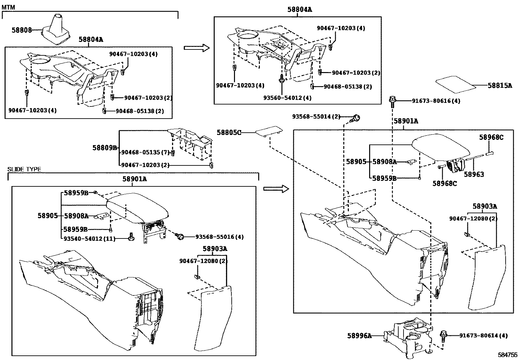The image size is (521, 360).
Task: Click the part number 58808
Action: (22, 30)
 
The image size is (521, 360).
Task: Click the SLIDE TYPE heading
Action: (24, 169)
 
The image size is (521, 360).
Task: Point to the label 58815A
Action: (499, 85)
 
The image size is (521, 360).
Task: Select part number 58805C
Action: (229, 132)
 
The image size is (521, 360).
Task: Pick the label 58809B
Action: (104, 148)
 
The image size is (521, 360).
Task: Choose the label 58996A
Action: (359, 335)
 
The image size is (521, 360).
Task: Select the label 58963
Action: (474, 175)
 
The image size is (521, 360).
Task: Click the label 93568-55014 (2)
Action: (316, 117)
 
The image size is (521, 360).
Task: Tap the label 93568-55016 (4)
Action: (219, 237)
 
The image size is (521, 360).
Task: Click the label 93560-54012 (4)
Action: (287, 98)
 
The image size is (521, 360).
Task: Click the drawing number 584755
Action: (508, 355)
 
